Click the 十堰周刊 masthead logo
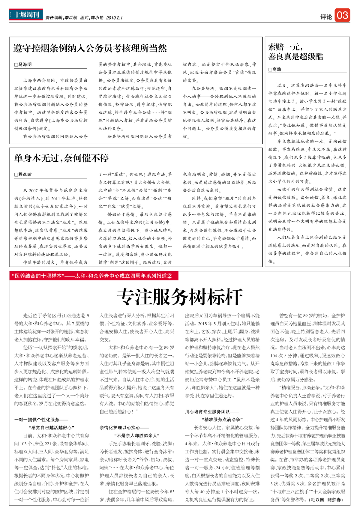pyautogui.click(x=26, y=14)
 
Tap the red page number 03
pyautogui.click(x=342, y=15)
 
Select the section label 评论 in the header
pyautogui.click(x=326, y=17)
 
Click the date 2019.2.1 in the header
pyautogui.click(x=114, y=18)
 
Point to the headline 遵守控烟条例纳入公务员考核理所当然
pyautogui.click(x=90, y=48)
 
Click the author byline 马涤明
pyautogui.click(x=23, y=64)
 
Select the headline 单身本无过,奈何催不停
pyautogui.click(x=61, y=158)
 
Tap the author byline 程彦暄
pyautogui.click(x=23, y=175)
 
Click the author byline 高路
pyautogui.click(x=275, y=70)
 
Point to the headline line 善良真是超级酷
pyautogui.click(x=295, y=57)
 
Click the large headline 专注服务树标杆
pyautogui.click(x=179, y=297)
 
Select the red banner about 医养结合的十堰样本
pyautogui.click(x=94, y=276)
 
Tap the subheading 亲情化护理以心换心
pyautogui.click(x=124, y=428)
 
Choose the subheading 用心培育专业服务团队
pyautogui.click(x=212, y=412)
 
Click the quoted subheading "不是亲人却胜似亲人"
pyautogui.click(x=137, y=435)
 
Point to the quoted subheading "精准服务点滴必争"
pyautogui.click(x=222, y=420)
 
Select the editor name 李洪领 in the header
pyautogui.click(x=71, y=18)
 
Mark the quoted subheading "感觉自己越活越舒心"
pyautogui.click(x=51, y=428)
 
